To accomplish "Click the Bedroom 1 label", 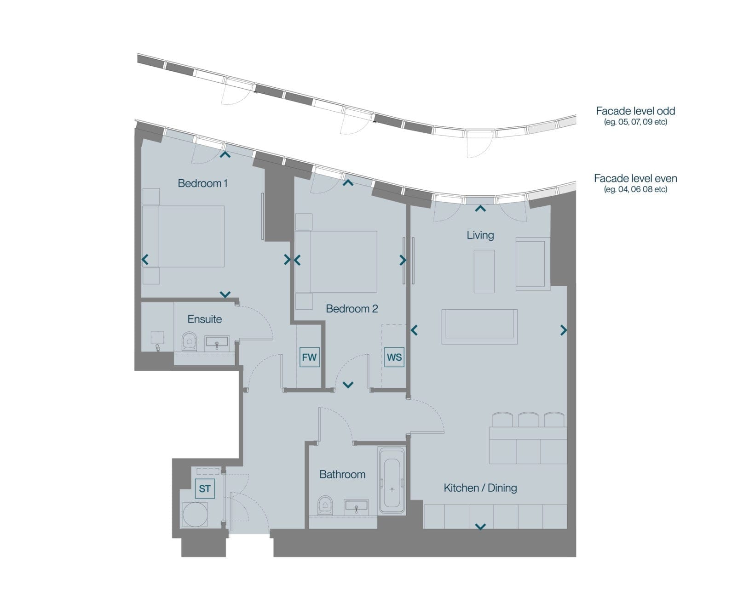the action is [x=202, y=183].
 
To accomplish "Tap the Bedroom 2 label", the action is [x=352, y=309].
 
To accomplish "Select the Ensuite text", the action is [x=205, y=319].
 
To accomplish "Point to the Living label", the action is [x=480, y=235].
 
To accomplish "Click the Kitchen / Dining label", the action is [x=480, y=488].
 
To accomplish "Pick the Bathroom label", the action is [x=342, y=475].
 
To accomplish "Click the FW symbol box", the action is [x=309, y=357].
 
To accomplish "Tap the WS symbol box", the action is [x=394, y=357].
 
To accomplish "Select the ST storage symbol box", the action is [x=205, y=489].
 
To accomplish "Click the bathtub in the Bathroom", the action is [x=392, y=480].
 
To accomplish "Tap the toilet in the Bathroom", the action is [x=325, y=505].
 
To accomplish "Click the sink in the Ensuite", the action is [x=217, y=343].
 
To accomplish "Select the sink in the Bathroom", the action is [x=356, y=507].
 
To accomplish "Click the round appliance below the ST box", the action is [x=195, y=515].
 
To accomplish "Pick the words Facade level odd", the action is [x=635, y=111].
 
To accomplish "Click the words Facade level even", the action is [x=635, y=178].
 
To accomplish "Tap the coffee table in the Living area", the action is [x=484, y=271].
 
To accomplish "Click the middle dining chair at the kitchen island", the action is [x=528, y=420].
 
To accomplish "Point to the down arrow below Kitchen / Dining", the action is [x=480, y=527].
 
